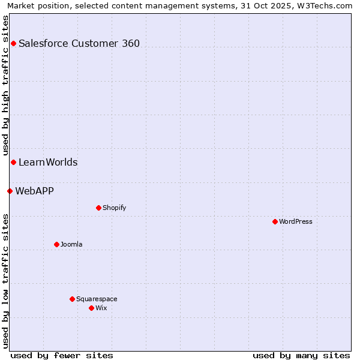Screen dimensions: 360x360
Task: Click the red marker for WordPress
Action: [x=275, y=221]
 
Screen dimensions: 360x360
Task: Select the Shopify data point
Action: [x=98, y=208]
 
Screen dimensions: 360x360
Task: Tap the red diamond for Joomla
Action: [x=56, y=244]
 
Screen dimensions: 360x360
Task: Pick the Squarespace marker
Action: [x=72, y=299]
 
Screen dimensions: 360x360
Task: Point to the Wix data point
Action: [x=91, y=308]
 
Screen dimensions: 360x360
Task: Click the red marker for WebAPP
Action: [x=10, y=191]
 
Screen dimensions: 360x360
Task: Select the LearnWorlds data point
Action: [x=13, y=162]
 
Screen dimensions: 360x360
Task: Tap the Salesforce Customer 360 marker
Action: [x=13, y=43]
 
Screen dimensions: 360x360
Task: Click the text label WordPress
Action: [x=296, y=221]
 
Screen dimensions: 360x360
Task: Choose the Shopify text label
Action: [x=114, y=208]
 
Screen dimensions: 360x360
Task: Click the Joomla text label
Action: [x=71, y=244]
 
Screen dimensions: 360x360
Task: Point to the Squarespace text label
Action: [x=97, y=299]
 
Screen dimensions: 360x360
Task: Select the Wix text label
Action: [x=101, y=308]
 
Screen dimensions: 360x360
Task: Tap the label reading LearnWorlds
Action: [x=48, y=162]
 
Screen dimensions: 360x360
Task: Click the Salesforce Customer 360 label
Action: [x=79, y=43]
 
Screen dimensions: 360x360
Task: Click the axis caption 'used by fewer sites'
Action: [x=62, y=355]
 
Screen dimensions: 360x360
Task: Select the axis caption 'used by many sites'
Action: [x=301, y=355]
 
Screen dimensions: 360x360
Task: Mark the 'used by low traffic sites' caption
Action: [x=5, y=280]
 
